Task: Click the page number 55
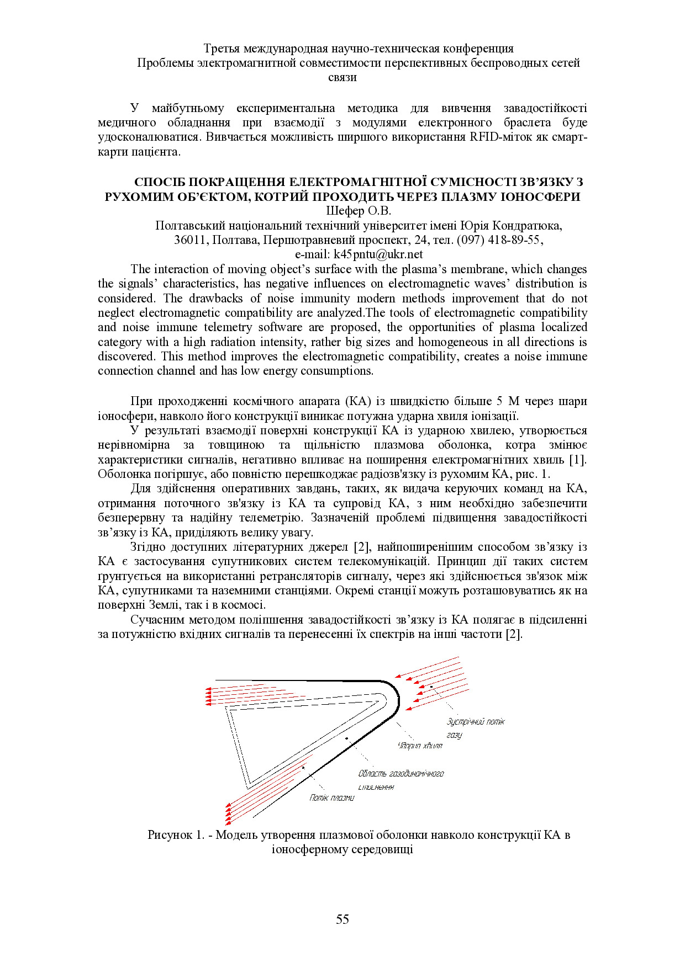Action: [x=342, y=919]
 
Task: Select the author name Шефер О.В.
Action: [x=358, y=211]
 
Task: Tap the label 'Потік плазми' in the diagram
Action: [x=331, y=797]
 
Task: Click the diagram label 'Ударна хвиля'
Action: [x=420, y=746]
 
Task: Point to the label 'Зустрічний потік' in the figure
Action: [x=475, y=721]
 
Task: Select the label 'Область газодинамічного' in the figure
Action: [x=401, y=773]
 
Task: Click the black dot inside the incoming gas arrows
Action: [x=431, y=687]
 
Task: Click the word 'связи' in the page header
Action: [x=342, y=77]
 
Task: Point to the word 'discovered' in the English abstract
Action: [x=127, y=357]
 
